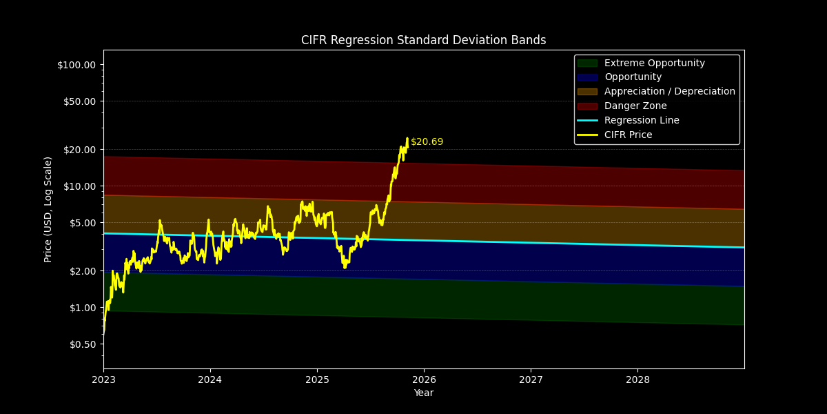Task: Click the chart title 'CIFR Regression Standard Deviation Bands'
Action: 423,40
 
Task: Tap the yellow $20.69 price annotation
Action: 427,142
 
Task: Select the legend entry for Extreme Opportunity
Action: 654,63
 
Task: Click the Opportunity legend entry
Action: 633,77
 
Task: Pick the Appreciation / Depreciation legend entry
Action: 669,92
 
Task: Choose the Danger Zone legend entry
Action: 635,106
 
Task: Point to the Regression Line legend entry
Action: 642,121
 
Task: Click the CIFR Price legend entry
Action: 628,135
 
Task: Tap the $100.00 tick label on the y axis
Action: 76,65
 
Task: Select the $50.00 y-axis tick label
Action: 79,101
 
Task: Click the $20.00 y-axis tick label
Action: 79,150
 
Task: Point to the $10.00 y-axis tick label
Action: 79,186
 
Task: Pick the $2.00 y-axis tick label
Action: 82,271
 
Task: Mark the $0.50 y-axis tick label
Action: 82,344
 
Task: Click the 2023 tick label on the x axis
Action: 103,379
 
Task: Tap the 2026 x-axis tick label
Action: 424,379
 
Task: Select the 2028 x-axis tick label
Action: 637,379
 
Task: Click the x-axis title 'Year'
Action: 423,393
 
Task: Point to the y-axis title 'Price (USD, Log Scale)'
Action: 48,209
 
